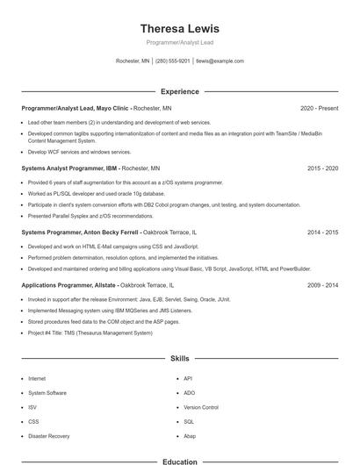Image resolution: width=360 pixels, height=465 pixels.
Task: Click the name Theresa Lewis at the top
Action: click(179, 28)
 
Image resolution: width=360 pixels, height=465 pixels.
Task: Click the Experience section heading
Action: click(179, 91)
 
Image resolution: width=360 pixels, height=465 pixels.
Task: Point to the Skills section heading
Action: click(179, 359)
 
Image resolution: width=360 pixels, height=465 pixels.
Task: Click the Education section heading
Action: click(179, 461)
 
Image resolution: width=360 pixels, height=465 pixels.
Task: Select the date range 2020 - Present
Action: click(319, 108)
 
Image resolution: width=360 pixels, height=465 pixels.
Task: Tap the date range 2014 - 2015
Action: click(322, 232)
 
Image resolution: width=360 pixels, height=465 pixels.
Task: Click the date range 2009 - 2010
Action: click(322, 285)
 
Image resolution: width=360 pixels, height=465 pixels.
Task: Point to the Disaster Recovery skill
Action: click(48, 435)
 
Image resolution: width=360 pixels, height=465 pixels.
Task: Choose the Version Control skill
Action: click(201, 407)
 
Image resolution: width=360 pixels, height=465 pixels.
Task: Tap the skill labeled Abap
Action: click(190, 435)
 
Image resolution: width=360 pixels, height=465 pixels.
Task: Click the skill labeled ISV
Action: click(32, 407)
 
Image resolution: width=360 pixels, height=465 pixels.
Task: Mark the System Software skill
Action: click(47, 393)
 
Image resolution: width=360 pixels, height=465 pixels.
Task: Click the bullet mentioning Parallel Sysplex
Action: click(90, 216)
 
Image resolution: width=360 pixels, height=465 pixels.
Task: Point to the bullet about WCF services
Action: click(79, 152)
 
